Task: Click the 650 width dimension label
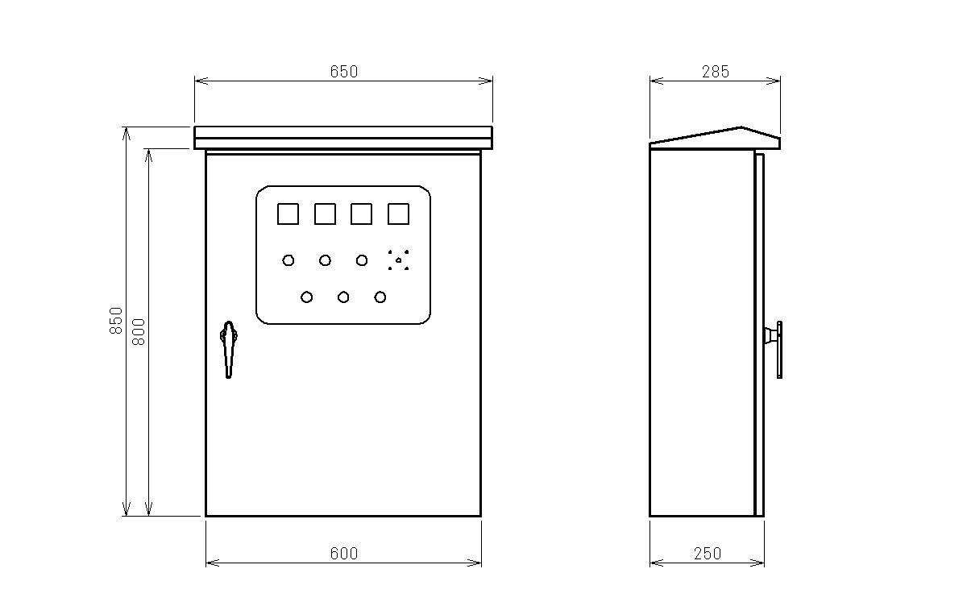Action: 344,72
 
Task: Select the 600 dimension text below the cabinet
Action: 344,554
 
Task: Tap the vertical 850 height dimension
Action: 116,321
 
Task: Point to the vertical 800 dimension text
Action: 139,331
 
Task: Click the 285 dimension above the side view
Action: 716,72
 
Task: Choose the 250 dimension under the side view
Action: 708,554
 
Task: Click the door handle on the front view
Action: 229,350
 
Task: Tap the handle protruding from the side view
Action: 774,350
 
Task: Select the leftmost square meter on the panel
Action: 288,214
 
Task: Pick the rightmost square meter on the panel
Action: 398,214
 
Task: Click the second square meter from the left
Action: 325,214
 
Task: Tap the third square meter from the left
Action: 361,214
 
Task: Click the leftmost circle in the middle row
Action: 288,260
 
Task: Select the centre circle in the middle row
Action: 325,260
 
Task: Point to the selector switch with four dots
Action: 398,260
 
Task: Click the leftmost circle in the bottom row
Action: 306,297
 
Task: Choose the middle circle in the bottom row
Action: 343,297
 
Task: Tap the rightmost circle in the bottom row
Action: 380,297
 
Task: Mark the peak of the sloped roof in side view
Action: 741,127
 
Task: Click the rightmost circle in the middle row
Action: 362,260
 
